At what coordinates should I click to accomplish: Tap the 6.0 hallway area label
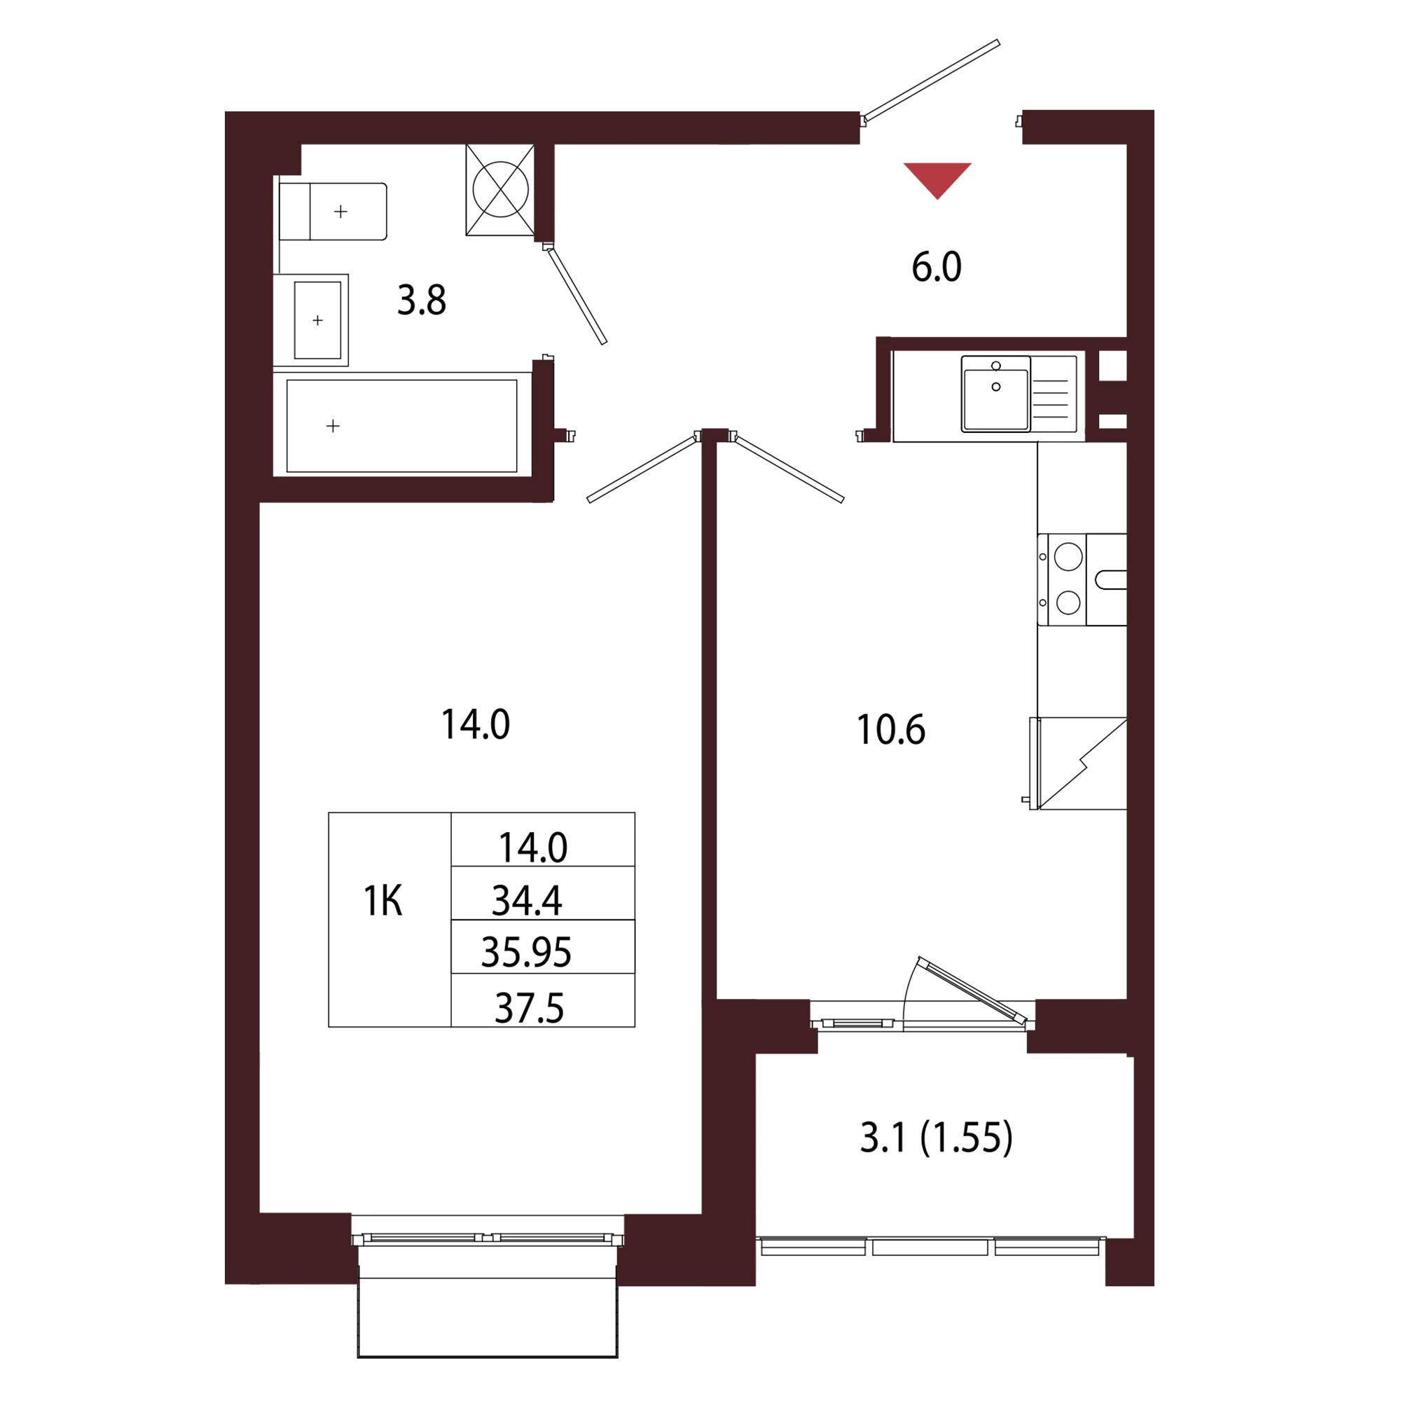pyautogui.click(x=936, y=267)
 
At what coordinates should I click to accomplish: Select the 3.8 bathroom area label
pyautogui.click(x=421, y=300)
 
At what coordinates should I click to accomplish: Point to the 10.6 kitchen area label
pyautogui.click(x=890, y=729)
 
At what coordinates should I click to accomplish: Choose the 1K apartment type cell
pyautogui.click(x=383, y=902)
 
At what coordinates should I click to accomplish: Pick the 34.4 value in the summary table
pyautogui.click(x=527, y=901)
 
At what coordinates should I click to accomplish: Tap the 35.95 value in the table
pyautogui.click(x=527, y=951)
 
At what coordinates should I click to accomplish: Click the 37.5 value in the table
pyautogui.click(x=530, y=1008)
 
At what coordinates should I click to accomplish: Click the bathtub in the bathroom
pyautogui.click(x=401, y=426)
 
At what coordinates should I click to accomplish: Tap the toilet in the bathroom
pyautogui.click(x=333, y=211)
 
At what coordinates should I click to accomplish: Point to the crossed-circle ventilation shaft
pyautogui.click(x=500, y=189)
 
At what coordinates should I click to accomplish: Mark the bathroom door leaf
pyautogui.click(x=578, y=296)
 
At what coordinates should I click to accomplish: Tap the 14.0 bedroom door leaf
pyautogui.click(x=641, y=469)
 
